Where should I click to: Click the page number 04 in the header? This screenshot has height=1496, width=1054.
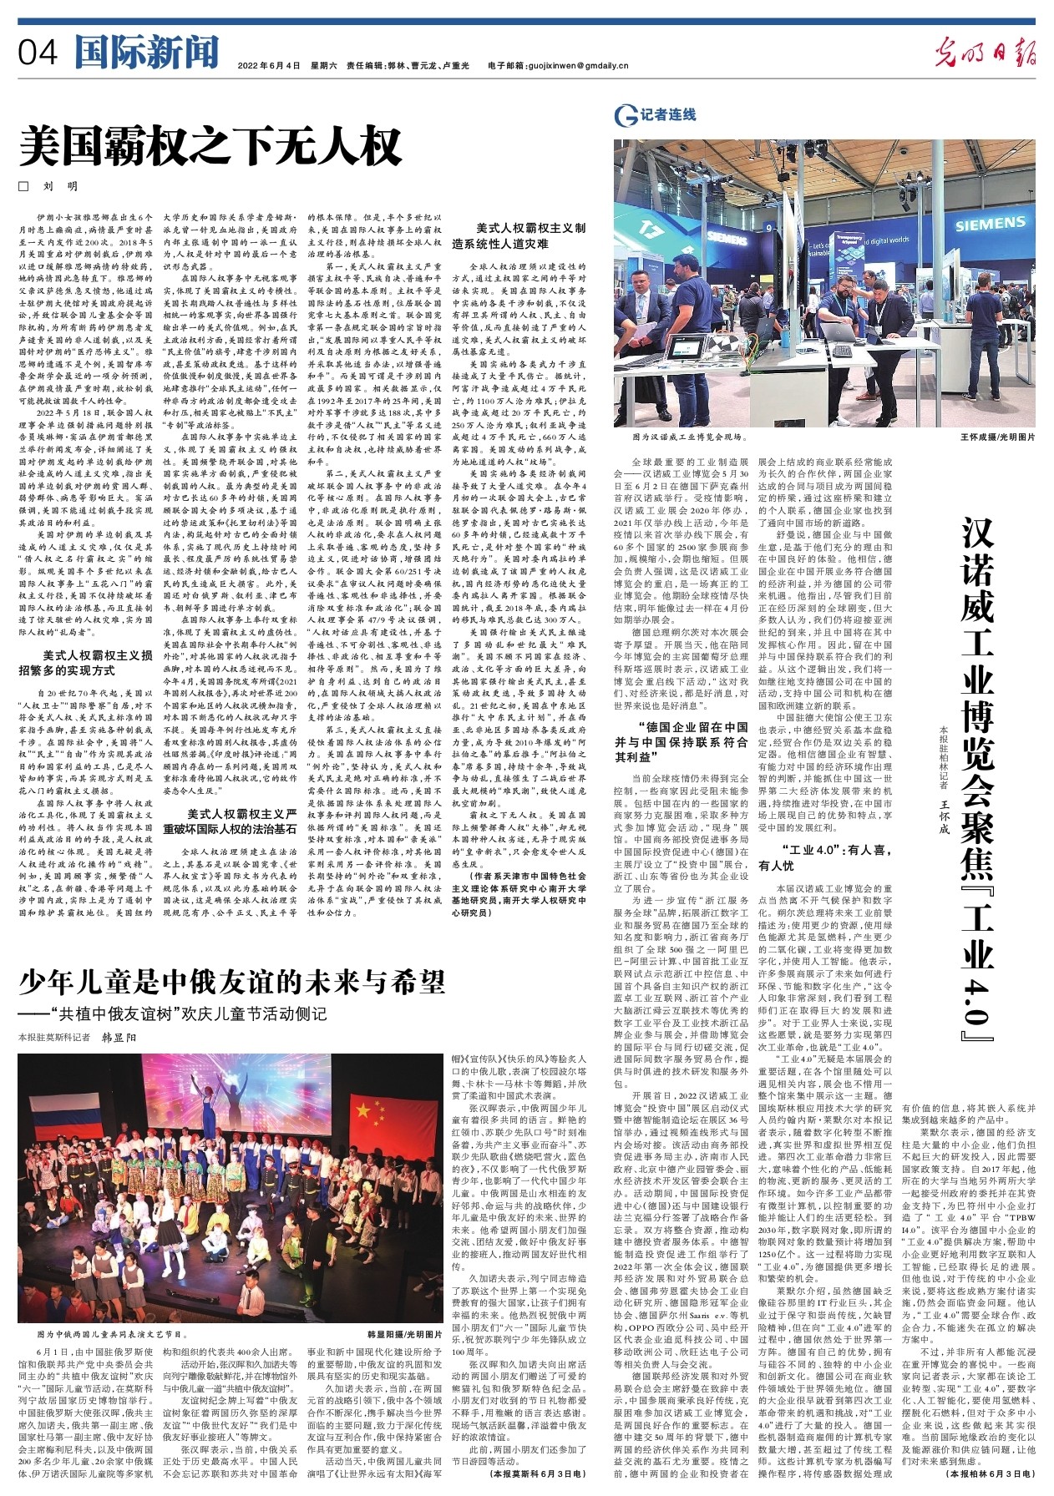point(38,54)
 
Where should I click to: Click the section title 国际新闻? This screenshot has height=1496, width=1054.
point(146,53)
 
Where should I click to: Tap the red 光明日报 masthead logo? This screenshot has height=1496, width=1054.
point(986,54)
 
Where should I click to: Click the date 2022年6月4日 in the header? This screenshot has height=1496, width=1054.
point(268,65)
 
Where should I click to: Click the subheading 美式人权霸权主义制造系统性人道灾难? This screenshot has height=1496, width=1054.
point(530,235)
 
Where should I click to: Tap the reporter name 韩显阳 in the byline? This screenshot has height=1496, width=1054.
point(119,1037)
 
